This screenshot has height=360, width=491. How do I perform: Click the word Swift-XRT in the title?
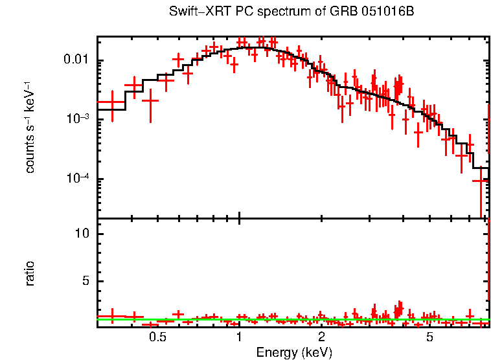click(194, 12)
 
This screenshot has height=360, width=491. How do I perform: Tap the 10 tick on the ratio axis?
click(84, 234)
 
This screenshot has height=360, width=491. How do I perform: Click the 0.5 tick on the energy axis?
click(157, 338)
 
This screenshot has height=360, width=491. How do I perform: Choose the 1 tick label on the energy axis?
click(240, 338)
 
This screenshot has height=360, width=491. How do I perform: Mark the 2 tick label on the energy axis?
click(321, 338)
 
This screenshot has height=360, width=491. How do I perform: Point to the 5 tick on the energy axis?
click(429, 338)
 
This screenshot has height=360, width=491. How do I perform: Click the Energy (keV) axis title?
click(294, 352)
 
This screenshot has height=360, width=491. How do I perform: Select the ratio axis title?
click(30, 273)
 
